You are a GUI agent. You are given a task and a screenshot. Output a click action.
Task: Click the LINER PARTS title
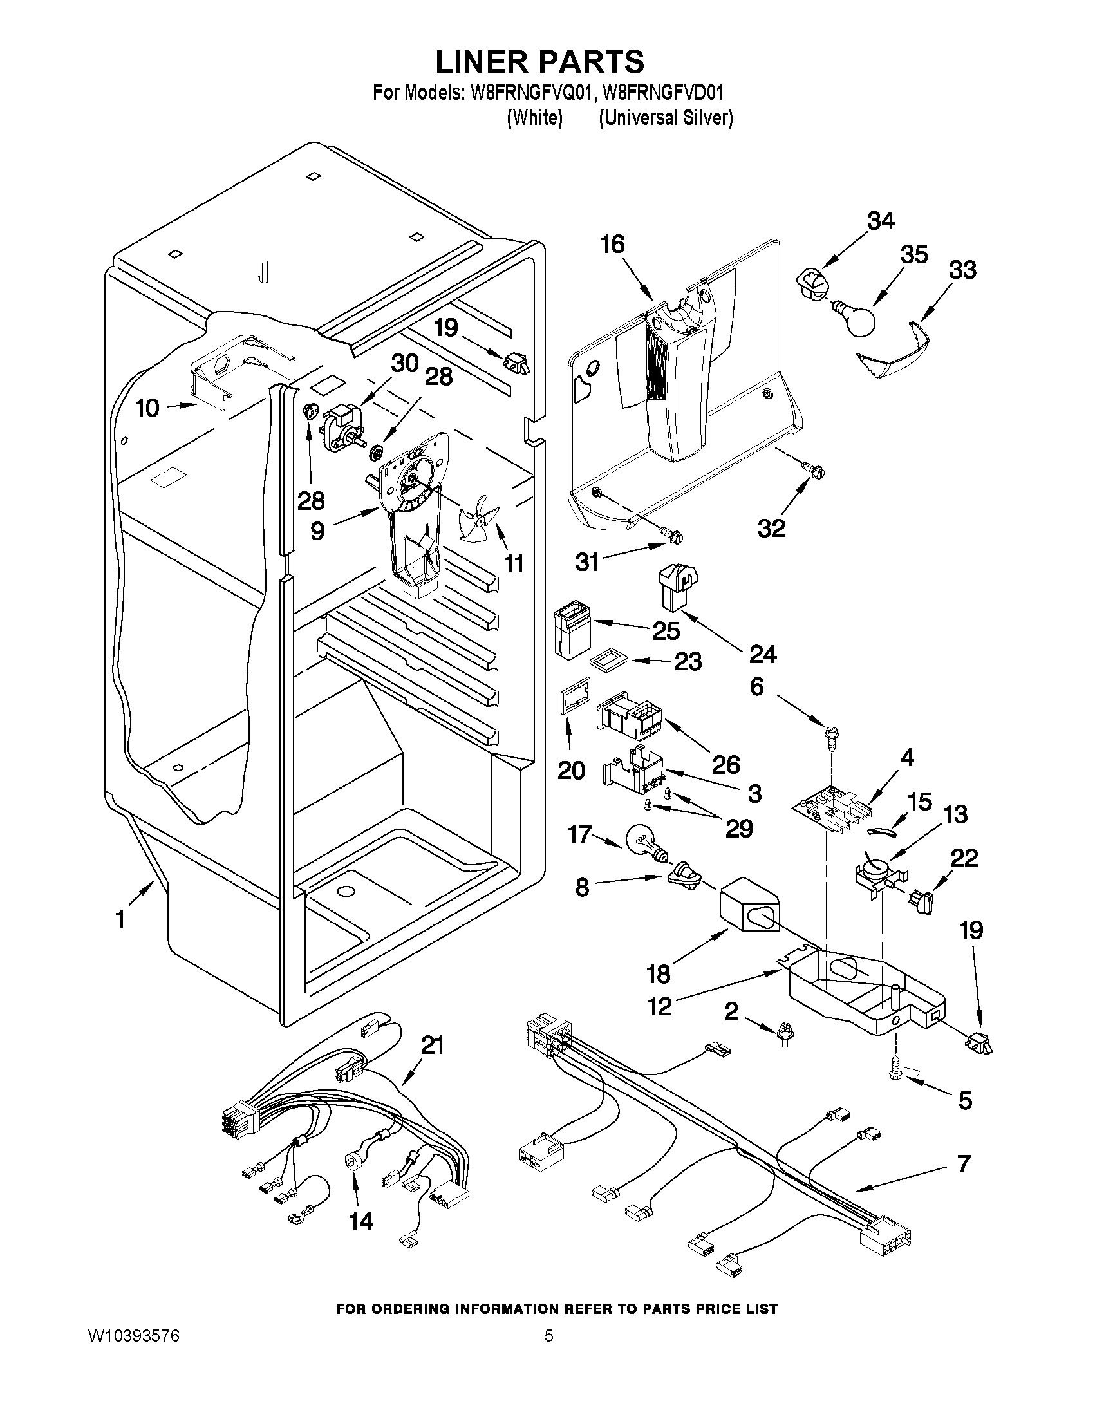click(x=539, y=62)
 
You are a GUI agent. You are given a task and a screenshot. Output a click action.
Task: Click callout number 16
click(x=612, y=245)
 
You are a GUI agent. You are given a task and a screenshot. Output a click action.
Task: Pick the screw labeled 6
click(x=831, y=734)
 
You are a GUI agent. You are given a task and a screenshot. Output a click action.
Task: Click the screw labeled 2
click(x=785, y=1039)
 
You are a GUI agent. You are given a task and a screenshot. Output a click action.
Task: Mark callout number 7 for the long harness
click(x=963, y=1163)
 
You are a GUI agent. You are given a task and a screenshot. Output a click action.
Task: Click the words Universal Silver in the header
click(x=666, y=117)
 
